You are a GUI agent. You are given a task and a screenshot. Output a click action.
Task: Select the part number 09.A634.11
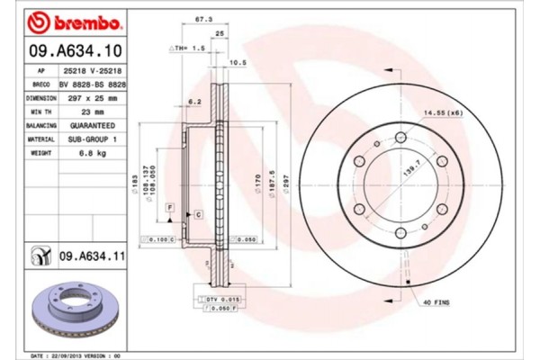pyautogui.click(x=93, y=257)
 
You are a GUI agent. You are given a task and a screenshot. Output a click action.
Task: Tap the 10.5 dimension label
pyautogui.click(x=239, y=63)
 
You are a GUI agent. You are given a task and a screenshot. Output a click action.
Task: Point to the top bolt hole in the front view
pyautogui.click(x=400, y=137)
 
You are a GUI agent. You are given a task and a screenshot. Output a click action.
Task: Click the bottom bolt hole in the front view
pyautogui.click(x=400, y=232)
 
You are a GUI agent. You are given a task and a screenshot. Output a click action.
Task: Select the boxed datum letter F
pyautogui.click(x=168, y=208)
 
